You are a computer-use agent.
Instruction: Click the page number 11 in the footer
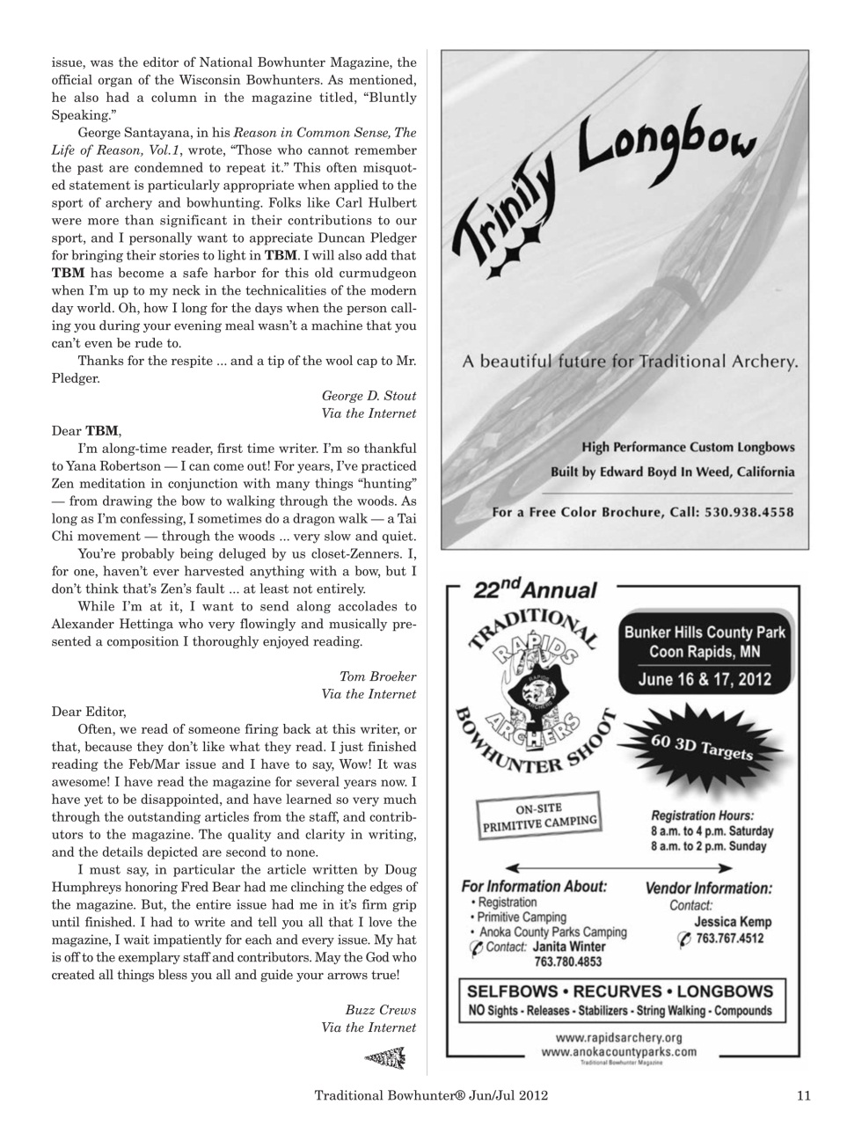pyautogui.click(x=803, y=1095)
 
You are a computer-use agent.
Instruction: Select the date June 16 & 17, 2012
pyautogui.click(x=705, y=678)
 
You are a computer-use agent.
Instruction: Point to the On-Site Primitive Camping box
pyautogui.click(x=539, y=815)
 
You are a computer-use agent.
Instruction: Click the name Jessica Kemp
pyautogui.click(x=732, y=922)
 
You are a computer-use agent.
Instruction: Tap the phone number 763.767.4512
pyautogui.click(x=732, y=939)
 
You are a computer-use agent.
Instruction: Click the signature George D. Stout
pyautogui.click(x=369, y=396)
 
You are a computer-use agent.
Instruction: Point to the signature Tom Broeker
pyautogui.click(x=377, y=676)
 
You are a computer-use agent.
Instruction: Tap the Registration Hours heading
pyautogui.click(x=702, y=815)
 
